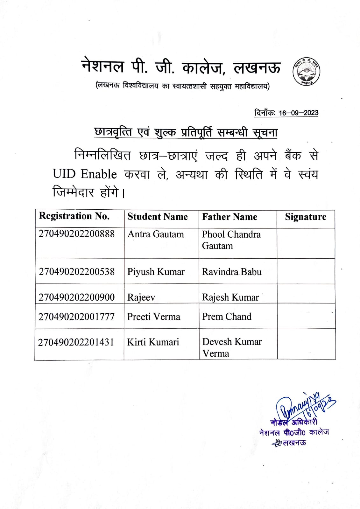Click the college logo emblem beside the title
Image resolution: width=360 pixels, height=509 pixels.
point(306,72)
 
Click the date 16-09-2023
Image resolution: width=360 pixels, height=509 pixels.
point(298,113)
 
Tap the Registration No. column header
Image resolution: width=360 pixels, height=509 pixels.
point(74,216)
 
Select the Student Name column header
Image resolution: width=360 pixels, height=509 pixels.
point(158,217)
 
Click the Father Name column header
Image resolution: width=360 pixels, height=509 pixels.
point(229,217)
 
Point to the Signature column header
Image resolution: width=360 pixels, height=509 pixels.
point(306,217)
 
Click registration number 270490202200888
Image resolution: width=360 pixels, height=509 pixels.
point(76,234)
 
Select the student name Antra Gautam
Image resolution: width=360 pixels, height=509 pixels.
point(156,234)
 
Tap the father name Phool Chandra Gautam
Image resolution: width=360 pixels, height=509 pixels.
point(231,240)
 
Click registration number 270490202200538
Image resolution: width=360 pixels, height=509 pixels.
point(76,272)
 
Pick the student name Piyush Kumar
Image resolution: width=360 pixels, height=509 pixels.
point(156,272)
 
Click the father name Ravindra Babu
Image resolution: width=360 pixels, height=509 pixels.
point(232,272)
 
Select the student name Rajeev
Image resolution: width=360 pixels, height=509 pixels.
point(141,297)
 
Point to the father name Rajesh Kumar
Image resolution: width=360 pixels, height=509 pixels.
point(230,297)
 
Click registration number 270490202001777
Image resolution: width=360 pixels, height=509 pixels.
point(76,317)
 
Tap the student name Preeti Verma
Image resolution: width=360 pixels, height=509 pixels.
point(154,317)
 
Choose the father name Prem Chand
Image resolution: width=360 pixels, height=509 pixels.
point(227,317)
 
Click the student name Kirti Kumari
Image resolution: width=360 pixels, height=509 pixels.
point(153,342)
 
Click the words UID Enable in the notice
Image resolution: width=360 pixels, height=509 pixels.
point(85,174)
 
